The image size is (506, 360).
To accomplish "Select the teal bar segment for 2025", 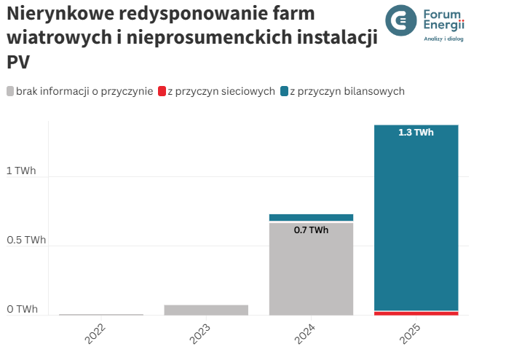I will point(416,219).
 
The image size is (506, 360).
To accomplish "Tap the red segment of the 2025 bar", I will point(416,313).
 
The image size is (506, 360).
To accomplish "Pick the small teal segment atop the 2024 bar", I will point(311,217).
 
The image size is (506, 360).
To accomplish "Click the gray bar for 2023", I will point(206,310).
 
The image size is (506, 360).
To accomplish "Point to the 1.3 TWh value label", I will point(416,133).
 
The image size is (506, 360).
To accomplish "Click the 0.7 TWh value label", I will point(311,230).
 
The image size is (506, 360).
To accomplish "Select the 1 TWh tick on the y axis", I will point(20,171).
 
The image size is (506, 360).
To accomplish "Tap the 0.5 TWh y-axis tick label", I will point(25,240).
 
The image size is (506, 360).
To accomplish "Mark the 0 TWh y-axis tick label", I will point(20,310).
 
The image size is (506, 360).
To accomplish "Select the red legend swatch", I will point(162,91).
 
